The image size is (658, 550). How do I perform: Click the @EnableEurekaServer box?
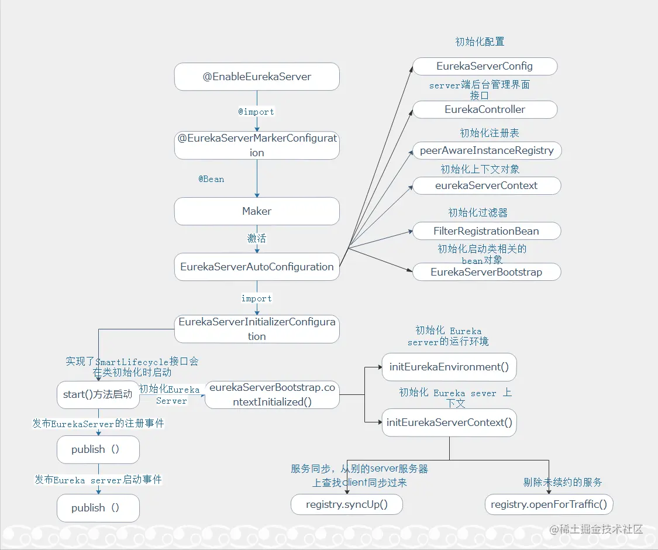[257, 77]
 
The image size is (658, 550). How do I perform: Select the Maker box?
[257, 211]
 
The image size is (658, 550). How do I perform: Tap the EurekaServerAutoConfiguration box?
[257, 267]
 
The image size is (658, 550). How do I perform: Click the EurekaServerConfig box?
[484, 66]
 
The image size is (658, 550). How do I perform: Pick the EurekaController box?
[484, 109]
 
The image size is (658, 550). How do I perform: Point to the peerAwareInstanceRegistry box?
[487, 150]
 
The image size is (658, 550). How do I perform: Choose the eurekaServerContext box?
[486, 185]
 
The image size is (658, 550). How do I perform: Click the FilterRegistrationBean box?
[486, 231]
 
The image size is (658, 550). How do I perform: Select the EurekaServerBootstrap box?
[486, 272]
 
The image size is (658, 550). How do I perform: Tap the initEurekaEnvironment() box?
[449, 367]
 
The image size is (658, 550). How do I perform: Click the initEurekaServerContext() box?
[449, 422]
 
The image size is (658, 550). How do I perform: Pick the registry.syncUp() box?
[347, 504]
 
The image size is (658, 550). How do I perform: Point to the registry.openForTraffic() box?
[549, 504]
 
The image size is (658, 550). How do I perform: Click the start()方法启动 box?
[98, 394]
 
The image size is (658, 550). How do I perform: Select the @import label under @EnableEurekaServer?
[256, 112]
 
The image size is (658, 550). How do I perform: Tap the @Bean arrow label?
[211, 179]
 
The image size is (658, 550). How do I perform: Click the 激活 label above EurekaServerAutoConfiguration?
[257, 239]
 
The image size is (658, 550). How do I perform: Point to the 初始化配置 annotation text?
[480, 42]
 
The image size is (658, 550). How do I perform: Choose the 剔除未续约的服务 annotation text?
[563, 483]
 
